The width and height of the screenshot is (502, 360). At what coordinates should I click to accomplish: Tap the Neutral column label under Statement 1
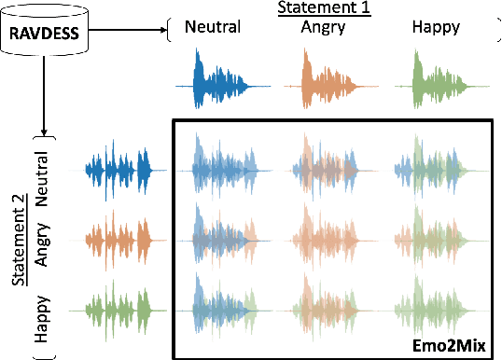click(x=213, y=27)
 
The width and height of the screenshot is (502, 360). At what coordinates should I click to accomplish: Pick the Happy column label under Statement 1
click(x=434, y=27)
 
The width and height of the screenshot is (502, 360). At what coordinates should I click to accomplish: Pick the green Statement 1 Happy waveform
click(x=436, y=85)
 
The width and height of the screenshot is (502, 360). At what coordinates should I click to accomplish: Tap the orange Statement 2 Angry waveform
click(x=118, y=240)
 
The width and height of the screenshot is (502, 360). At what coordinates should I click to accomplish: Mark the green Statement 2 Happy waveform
click(x=118, y=309)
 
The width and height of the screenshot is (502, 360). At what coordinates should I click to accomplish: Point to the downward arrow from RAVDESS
click(x=43, y=93)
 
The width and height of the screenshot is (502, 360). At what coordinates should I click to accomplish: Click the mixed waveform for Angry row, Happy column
click(x=433, y=240)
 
